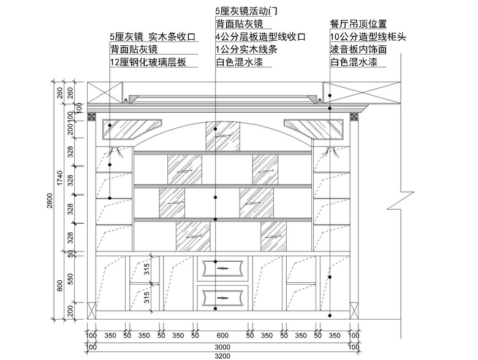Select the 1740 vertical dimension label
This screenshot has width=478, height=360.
click(60, 179)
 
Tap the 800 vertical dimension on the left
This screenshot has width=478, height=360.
click(60, 286)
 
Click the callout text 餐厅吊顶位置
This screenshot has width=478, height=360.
click(358, 24)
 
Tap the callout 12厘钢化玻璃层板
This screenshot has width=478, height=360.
click(147, 63)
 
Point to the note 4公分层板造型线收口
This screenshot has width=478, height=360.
click(260, 37)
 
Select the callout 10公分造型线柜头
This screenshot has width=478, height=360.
click(367, 37)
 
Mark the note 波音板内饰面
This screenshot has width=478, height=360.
click(358, 50)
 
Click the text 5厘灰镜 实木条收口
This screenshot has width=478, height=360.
click(153, 37)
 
